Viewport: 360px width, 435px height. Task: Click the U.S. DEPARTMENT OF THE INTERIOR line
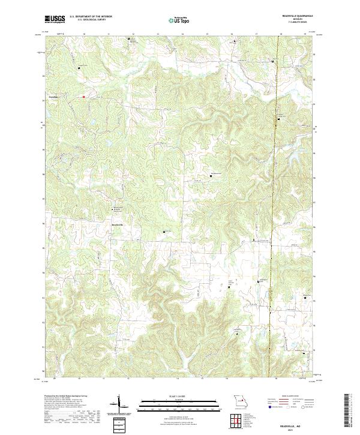pos(91,17)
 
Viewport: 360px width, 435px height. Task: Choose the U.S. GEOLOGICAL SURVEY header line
pos(91,20)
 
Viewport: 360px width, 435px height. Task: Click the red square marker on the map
pos(84,96)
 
